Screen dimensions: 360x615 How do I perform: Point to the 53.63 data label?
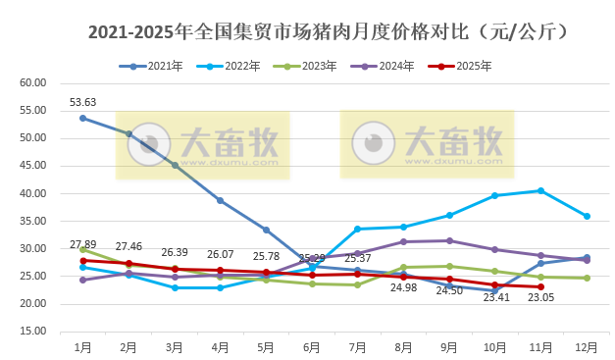tap(82, 102)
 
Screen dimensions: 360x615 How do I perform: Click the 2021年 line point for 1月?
tap(82, 118)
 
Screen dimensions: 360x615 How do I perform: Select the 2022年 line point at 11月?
tap(540, 190)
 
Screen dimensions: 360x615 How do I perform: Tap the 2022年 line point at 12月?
tap(587, 216)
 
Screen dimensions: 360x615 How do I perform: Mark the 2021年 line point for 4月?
tap(220, 200)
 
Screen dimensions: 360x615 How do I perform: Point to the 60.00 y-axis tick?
tap(33, 82)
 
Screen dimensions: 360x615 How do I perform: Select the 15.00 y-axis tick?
tap(33, 332)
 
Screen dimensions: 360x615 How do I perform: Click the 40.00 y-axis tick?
tap(33, 193)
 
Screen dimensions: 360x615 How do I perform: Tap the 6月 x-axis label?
tap(312, 347)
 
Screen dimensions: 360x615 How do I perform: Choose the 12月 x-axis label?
tap(587, 347)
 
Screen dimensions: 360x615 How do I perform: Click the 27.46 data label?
tap(128, 246)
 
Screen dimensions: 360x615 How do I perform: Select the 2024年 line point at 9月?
tap(449, 240)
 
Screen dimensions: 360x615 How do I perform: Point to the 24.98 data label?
tap(403, 288)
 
